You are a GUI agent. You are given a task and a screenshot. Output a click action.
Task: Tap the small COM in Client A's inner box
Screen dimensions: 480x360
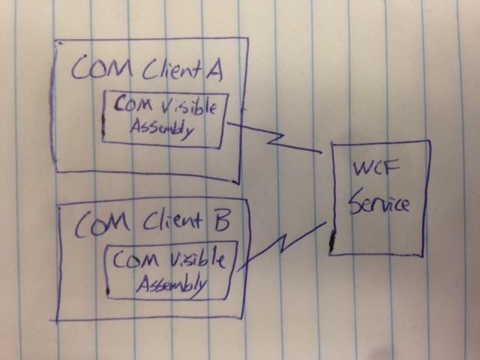(131, 106)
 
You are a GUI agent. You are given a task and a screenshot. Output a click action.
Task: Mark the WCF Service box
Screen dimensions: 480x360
(379, 196)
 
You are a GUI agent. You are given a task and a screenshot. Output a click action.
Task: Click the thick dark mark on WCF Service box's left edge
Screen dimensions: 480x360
(331, 241)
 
